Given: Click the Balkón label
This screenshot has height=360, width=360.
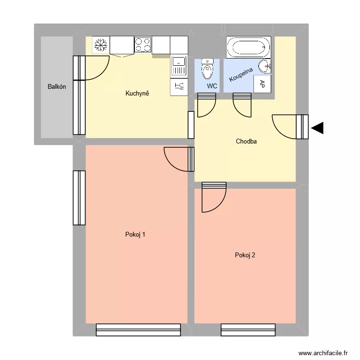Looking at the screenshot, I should pyautogui.click(x=57, y=87).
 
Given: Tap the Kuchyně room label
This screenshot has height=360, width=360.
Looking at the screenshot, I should pyautogui.click(x=137, y=93).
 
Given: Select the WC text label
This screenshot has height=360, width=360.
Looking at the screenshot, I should pyautogui.click(x=212, y=86).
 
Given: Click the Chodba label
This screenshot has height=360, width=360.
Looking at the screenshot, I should pyautogui.click(x=247, y=142).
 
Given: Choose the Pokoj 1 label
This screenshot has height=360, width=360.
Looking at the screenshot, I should pyautogui.click(x=135, y=235).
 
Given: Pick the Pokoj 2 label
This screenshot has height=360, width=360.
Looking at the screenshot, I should pyautogui.click(x=245, y=255).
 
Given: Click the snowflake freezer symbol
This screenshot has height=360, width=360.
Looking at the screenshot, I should pyautogui.click(x=101, y=46).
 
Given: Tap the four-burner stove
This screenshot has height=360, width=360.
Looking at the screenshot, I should pyautogui.click(x=143, y=46).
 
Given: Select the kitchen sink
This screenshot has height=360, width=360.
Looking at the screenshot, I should pyautogui.click(x=179, y=66).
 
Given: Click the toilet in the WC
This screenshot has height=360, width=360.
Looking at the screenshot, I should pyautogui.click(x=207, y=70).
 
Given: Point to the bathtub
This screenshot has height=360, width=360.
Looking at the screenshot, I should pyautogui.click(x=249, y=47).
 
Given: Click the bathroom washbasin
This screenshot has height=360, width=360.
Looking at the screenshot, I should pyautogui.click(x=264, y=65).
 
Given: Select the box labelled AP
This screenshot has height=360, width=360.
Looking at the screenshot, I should pyautogui.click(x=262, y=84).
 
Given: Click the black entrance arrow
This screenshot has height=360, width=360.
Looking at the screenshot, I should pyautogui.click(x=317, y=128).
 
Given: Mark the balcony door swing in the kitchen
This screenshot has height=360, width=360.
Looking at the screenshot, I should pyautogui.click(x=96, y=67).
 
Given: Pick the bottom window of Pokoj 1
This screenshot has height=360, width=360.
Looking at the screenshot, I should pyautogui.click(x=138, y=330).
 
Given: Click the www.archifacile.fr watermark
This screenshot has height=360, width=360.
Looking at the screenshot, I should pyautogui.click(x=323, y=353).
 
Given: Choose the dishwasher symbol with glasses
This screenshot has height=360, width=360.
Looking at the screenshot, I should pyautogui.click(x=179, y=87).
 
